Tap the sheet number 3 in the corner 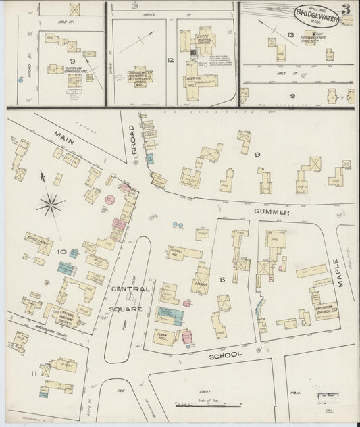click(x=345, y=9)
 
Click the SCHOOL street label click(x=225, y=355)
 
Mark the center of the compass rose click(x=50, y=203)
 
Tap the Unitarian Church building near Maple click(x=325, y=309)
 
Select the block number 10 click(x=61, y=252)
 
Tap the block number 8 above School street click(x=222, y=278)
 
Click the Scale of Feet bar click(x=208, y=405)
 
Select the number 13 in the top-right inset click(x=291, y=34)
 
